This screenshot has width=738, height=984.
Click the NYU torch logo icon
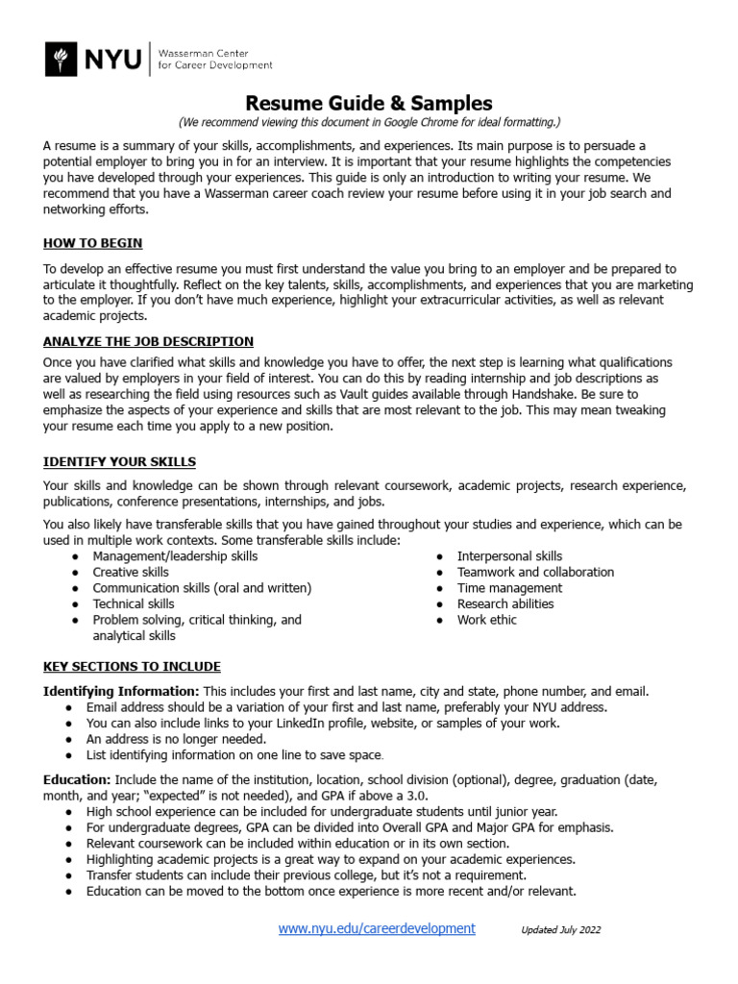pyautogui.click(x=63, y=59)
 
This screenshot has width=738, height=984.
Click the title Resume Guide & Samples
pyautogui.click(x=369, y=103)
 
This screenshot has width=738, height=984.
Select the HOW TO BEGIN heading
pyautogui.click(x=93, y=243)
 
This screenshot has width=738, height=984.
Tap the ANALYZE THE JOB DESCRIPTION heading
pyautogui.click(x=148, y=341)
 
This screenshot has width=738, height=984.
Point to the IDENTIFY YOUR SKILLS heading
pyautogui.click(x=119, y=462)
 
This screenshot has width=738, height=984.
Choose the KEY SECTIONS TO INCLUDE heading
pyautogui.click(x=132, y=666)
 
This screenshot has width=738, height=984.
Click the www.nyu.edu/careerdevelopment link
pyautogui.click(x=377, y=928)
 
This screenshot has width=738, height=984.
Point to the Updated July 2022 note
pyautogui.click(x=561, y=930)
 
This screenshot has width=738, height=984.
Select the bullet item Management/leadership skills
pyautogui.click(x=175, y=556)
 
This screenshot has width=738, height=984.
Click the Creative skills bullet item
pyautogui.click(x=131, y=572)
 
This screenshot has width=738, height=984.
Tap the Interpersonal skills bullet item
pyautogui.click(x=509, y=556)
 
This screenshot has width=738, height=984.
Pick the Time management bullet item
pyautogui.click(x=509, y=588)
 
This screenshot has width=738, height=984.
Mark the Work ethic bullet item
pyautogui.click(x=486, y=620)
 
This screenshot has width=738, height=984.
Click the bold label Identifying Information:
pyautogui.click(x=121, y=691)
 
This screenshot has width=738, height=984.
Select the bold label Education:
pyautogui.click(x=77, y=780)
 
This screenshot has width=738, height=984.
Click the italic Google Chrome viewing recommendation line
pyautogui.click(x=369, y=123)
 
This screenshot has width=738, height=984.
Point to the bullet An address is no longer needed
pyautogui.click(x=176, y=739)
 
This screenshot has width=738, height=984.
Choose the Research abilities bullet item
pyautogui.click(x=505, y=603)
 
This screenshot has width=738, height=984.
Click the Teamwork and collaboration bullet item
pyautogui.click(x=535, y=572)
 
